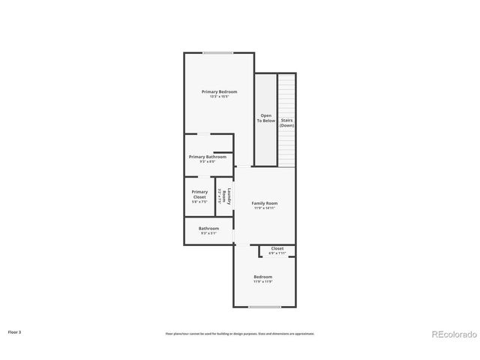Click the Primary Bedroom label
(x=219, y=91)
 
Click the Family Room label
(x=264, y=203)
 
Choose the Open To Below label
(x=265, y=118)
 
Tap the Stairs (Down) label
(x=286, y=122)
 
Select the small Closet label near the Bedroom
(x=277, y=248)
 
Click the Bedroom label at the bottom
(x=262, y=277)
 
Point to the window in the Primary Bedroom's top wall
(x=217, y=52)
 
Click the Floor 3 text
(x=14, y=331)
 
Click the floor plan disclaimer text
(x=239, y=333)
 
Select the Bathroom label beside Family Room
(x=208, y=228)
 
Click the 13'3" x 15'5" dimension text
(x=219, y=96)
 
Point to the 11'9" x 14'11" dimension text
(x=264, y=208)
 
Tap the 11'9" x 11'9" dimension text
(x=262, y=281)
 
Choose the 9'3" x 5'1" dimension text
(x=208, y=233)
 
